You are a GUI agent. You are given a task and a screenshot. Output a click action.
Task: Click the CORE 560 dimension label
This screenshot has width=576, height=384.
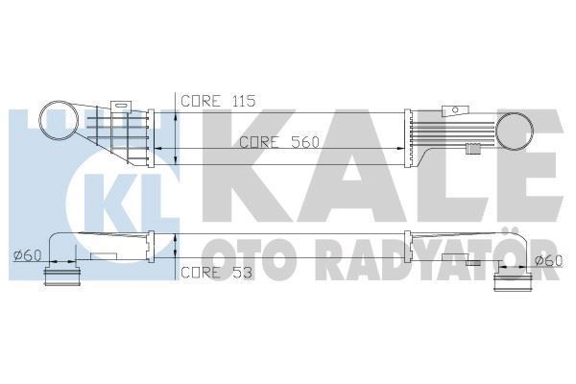click(279, 141)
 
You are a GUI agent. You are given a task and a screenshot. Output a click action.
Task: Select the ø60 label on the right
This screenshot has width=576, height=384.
click(547, 260)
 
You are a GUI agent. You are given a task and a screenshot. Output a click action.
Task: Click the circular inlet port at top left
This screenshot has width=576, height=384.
click(59, 126)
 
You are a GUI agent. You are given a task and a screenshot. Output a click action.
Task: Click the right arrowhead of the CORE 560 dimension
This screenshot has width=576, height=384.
click(402, 149)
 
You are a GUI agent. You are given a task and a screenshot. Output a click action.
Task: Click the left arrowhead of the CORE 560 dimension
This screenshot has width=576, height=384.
click(159, 149)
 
